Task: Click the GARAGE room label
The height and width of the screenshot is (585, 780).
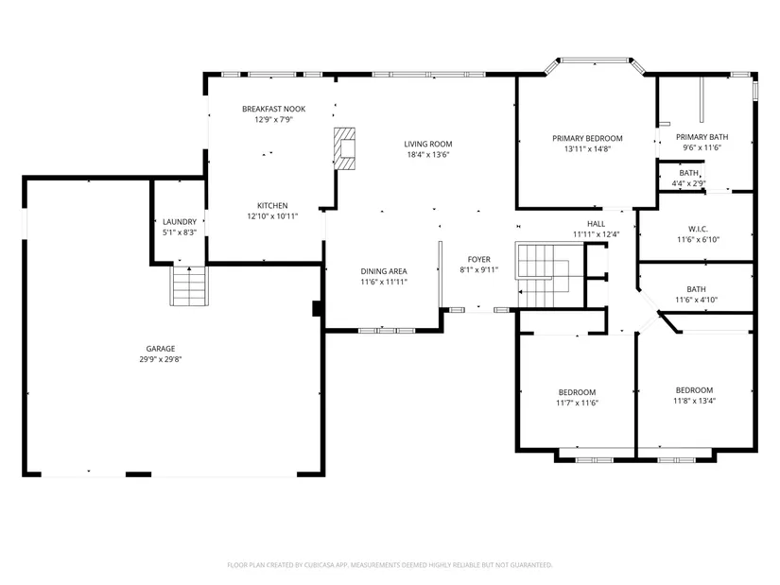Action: pyautogui.click(x=160, y=349)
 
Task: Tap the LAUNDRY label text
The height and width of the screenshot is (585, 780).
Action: pyautogui.click(x=180, y=222)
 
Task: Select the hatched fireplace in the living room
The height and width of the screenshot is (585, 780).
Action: pyautogui.click(x=344, y=148)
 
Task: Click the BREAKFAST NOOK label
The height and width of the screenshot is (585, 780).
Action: pyautogui.click(x=273, y=109)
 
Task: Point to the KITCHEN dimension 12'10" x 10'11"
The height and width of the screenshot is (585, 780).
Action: pyautogui.click(x=272, y=216)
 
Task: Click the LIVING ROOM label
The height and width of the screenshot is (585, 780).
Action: pyautogui.click(x=428, y=145)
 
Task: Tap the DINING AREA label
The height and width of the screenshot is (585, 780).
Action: pyautogui.click(x=384, y=271)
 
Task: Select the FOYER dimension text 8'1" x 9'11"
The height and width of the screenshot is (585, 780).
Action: pyautogui.click(x=479, y=270)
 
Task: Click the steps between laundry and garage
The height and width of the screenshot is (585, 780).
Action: pyautogui.click(x=189, y=285)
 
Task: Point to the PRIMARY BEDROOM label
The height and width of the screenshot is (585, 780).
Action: pyautogui.click(x=587, y=138)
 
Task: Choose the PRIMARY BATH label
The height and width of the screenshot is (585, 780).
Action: pyautogui.click(x=702, y=137)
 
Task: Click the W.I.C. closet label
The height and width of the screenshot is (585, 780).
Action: pyautogui.click(x=698, y=229)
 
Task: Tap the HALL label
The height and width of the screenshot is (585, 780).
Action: pyautogui.click(x=596, y=224)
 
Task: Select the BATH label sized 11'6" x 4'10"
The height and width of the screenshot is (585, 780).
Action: pyautogui.click(x=696, y=289)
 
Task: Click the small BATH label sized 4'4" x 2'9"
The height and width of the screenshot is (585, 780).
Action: pyautogui.click(x=689, y=173)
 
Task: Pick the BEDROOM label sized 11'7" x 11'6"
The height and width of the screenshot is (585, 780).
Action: pyautogui.click(x=577, y=392)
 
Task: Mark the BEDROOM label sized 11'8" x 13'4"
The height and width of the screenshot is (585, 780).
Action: pyautogui.click(x=695, y=390)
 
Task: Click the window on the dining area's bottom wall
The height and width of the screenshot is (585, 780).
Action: pyautogui.click(x=387, y=331)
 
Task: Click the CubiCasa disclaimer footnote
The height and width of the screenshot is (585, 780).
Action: pyautogui.click(x=390, y=565)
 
